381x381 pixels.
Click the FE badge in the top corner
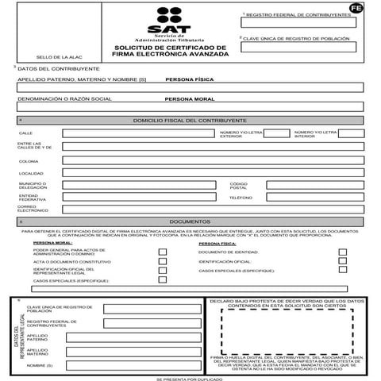pyautogui.click(x=356, y=7)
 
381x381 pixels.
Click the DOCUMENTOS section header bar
pyautogui.click(x=189, y=222)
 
